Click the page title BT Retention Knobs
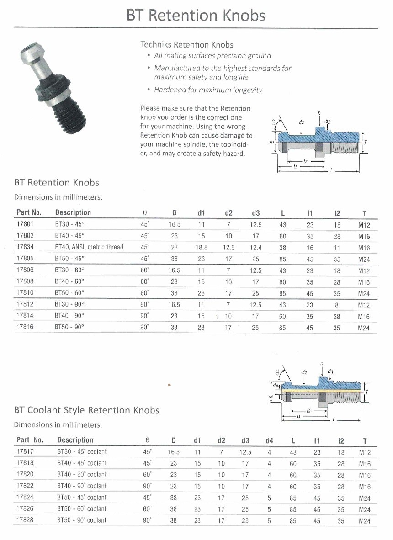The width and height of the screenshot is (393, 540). pyautogui.click(x=196, y=16)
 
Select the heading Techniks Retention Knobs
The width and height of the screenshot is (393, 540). pyautogui.click(x=186, y=44)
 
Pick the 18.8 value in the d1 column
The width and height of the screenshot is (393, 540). pyautogui.click(x=201, y=247)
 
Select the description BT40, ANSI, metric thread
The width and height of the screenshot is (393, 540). pyautogui.click(x=89, y=247)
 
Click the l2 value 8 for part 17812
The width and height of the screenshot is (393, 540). pyautogui.click(x=337, y=304)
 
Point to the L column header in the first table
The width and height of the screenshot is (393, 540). pyautogui.click(x=283, y=213)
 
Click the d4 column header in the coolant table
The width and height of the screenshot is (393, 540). pyautogui.click(x=269, y=441)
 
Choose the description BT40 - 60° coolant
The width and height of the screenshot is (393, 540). pyautogui.click(x=82, y=475)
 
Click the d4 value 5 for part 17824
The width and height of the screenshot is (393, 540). pyautogui.click(x=269, y=498)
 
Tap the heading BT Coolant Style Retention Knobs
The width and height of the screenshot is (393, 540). pyautogui.click(x=87, y=410)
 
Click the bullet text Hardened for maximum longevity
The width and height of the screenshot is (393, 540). pyautogui.click(x=208, y=90)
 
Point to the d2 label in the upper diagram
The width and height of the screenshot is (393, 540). pyautogui.click(x=301, y=122)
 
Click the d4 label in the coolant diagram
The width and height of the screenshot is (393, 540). pyautogui.click(x=270, y=387)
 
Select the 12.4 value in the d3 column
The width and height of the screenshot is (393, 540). pyautogui.click(x=255, y=247)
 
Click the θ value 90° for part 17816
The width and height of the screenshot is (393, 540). pyautogui.click(x=145, y=327)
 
